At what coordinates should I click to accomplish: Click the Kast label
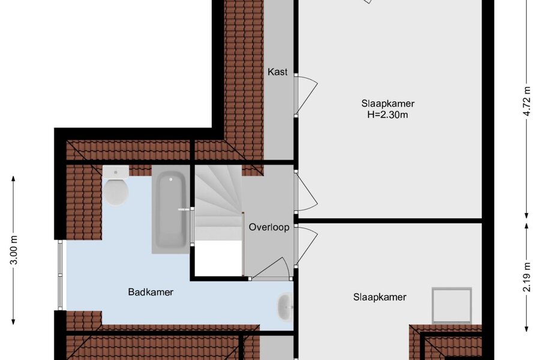(x=278, y=72)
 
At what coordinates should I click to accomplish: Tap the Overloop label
(x=269, y=227)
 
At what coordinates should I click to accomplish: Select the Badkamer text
(x=151, y=292)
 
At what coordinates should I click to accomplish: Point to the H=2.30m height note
(x=388, y=115)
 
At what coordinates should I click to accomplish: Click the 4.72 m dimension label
(x=527, y=101)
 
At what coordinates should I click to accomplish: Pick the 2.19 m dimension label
(x=527, y=277)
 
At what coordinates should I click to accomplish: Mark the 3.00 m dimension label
(x=14, y=250)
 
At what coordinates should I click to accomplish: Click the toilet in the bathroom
(x=116, y=186)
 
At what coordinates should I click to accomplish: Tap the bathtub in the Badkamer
(x=171, y=210)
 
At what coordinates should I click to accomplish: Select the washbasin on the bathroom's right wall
(x=285, y=307)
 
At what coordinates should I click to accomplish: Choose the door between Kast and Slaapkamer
(x=305, y=95)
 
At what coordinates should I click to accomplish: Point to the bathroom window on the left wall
(x=60, y=275)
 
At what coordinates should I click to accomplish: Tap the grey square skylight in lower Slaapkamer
(x=452, y=305)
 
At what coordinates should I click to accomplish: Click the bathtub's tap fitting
(x=185, y=209)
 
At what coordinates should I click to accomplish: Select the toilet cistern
(x=116, y=172)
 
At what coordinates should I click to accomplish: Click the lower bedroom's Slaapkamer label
(x=380, y=297)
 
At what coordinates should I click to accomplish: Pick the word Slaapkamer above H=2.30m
(x=388, y=103)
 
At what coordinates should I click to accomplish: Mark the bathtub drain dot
(x=171, y=179)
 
